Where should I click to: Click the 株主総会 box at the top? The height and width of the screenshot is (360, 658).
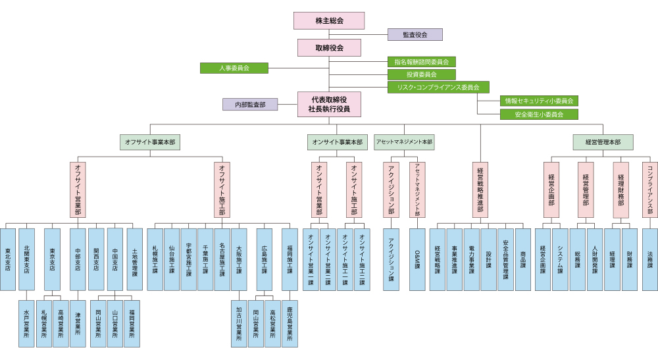(329, 20)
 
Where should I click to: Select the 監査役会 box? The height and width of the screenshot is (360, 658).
(415, 34)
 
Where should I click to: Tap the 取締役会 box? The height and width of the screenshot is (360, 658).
(329, 47)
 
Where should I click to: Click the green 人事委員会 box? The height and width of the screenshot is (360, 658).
(234, 68)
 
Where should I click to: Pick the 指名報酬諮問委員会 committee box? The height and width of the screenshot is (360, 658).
(421, 61)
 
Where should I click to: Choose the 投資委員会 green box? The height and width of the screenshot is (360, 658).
(421, 74)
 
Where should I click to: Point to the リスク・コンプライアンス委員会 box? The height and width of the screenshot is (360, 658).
(438, 87)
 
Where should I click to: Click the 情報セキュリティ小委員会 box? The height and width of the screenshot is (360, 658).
(539, 101)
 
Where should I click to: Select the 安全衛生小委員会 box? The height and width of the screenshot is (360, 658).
(539, 114)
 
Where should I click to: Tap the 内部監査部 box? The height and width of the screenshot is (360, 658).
(250, 104)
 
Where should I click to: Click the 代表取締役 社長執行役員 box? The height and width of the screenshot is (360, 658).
(329, 105)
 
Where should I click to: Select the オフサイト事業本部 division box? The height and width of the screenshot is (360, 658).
(151, 141)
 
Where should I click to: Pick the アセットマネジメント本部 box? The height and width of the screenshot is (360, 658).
(404, 141)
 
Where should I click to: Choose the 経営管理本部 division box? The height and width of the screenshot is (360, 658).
(603, 141)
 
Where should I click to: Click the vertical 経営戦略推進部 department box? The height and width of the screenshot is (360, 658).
(480, 190)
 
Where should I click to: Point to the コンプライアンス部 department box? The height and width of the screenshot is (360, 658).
(649, 190)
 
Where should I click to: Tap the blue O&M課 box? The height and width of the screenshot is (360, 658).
(418, 259)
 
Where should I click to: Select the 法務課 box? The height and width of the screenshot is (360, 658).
(649, 259)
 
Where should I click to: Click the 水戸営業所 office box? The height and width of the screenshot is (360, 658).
(26, 323)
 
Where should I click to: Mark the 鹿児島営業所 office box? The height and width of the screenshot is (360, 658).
(290, 323)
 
